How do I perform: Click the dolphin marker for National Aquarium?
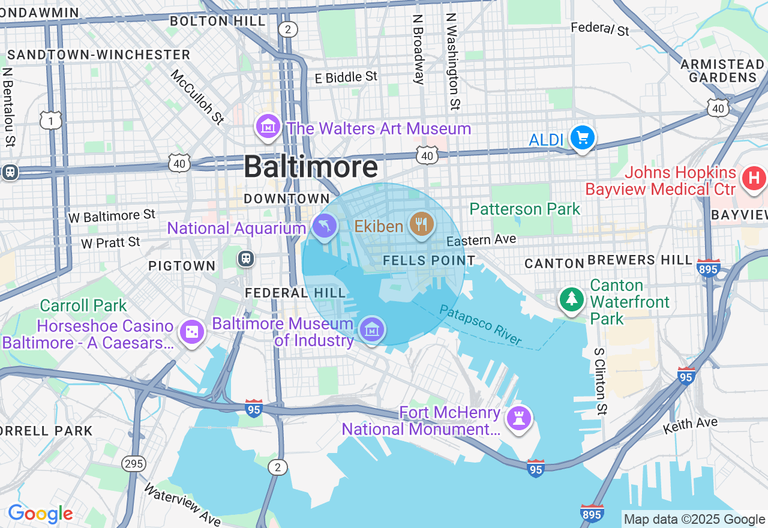pos(325,226)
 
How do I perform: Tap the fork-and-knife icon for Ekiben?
pos(422,224)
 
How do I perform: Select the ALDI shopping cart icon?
pos(582,138)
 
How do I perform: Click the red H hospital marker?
pos(754,178)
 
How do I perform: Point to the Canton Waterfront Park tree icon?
pos(572,298)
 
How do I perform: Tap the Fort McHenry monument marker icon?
pos(519,418)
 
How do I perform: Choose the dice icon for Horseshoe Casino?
pos(192,332)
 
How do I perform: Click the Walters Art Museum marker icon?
pos(268,126)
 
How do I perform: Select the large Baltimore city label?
pos(311,166)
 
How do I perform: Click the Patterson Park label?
pos(525,209)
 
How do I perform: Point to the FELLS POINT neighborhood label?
pos(429,260)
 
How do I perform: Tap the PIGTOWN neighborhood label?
pos(182,266)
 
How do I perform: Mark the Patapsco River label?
pos(480,325)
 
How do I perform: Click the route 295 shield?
pos(133,463)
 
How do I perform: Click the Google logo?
pos(40,514)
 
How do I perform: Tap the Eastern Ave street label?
pos(481,240)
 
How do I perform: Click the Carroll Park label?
pos(83,305)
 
